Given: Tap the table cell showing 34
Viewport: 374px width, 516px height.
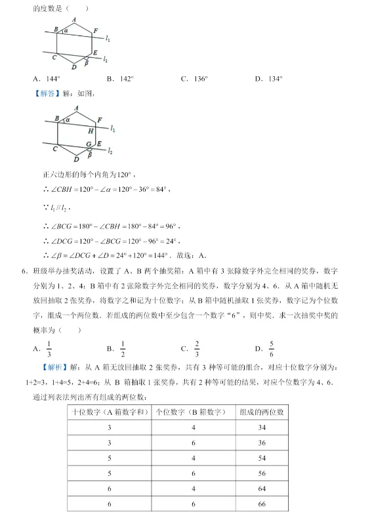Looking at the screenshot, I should [262, 427].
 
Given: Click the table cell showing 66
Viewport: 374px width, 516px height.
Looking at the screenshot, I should [262, 504].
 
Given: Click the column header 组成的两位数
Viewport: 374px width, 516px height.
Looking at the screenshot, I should [262, 412].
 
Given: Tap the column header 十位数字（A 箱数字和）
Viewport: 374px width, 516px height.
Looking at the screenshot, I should [110, 412].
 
